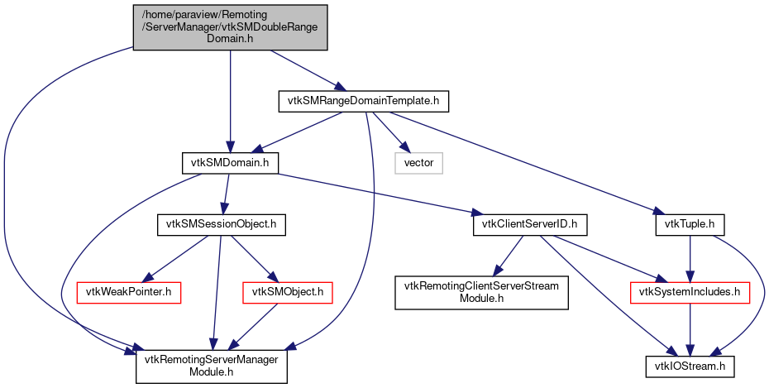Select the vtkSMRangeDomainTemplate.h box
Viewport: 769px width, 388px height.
[x=363, y=101]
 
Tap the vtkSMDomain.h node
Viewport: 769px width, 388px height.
[x=230, y=163]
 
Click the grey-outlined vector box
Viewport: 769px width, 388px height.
[x=418, y=163]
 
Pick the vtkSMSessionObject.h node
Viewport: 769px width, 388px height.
[x=222, y=223]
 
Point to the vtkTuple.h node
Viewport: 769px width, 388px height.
[x=690, y=223]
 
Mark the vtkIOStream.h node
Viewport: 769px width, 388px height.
[x=690, y=364]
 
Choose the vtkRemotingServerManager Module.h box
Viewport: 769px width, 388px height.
[x=212, y=364]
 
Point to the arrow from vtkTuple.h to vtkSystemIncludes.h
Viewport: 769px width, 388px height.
[x=690, y=257]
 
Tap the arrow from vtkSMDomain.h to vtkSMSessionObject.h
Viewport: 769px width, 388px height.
[x=226, y=193]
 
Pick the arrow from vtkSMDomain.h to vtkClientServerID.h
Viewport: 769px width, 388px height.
[x=380, y=194]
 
